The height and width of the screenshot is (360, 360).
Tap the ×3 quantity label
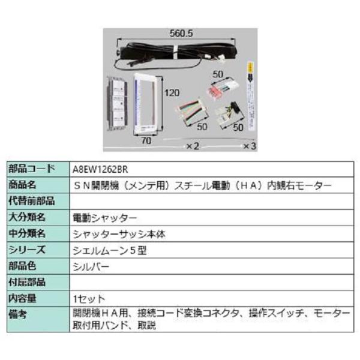(x=249, y=146)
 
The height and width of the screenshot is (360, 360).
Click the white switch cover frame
(x=146, y=103)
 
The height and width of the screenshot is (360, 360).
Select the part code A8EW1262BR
(x=99, y=169)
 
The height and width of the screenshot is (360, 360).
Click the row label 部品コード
(x=31, y=169)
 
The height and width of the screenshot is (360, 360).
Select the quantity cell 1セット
(x=88, y=298)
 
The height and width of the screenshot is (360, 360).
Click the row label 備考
(x=19, y=314)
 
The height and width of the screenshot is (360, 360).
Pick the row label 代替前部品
(x=31, y=201)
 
